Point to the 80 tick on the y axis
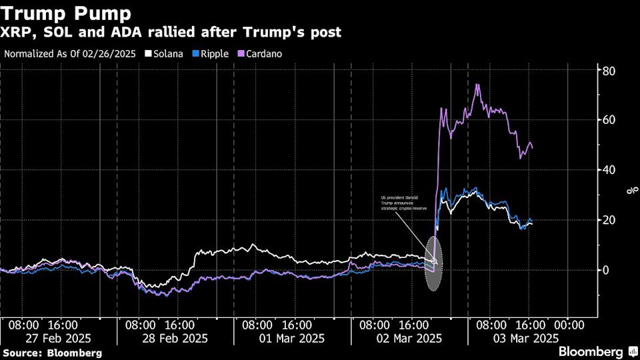609,71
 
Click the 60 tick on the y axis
609,120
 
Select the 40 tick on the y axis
609,170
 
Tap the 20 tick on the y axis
609,220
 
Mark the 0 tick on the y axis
607,270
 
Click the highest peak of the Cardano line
477,85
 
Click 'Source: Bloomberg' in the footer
52,352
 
